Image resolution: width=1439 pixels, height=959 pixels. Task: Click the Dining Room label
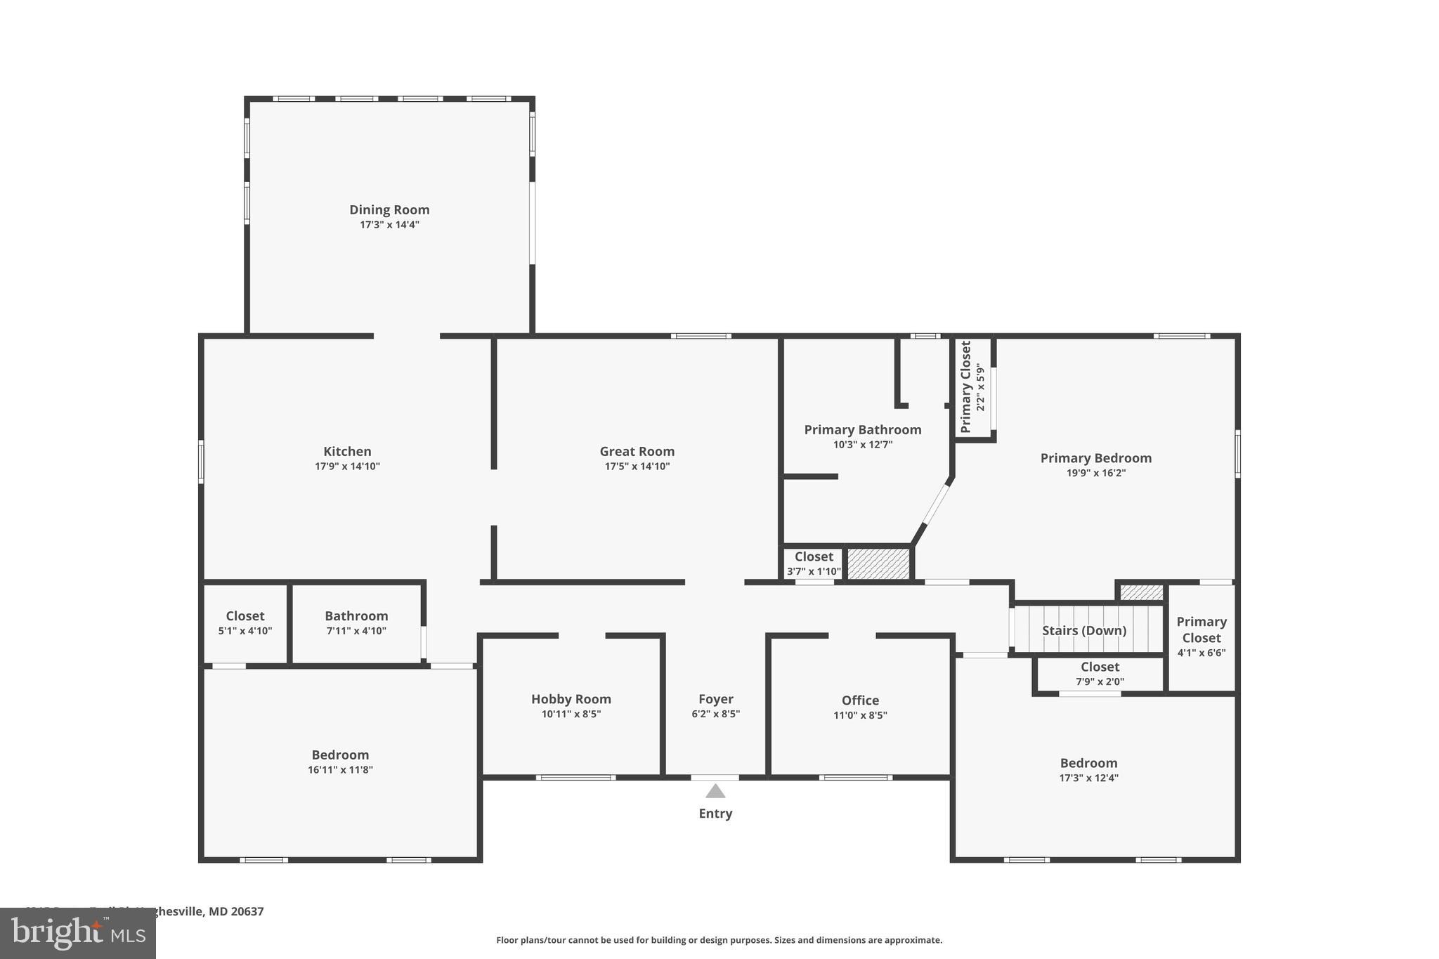point(389,209)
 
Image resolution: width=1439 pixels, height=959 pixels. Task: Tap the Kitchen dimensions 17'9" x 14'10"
point(347,467)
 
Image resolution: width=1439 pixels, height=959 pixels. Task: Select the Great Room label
point(637,451)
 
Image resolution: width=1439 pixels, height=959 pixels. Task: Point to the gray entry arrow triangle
point(715,792)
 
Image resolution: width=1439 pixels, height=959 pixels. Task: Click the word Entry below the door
point(715,814)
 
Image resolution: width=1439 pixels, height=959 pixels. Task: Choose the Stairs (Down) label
point(1083,630)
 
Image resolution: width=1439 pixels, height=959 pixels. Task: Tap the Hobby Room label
point(571,699)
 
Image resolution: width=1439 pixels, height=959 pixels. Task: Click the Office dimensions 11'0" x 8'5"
point(860,715)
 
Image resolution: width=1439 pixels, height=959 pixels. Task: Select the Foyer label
point(715,699)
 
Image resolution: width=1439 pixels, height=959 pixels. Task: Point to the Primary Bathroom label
point(862,429)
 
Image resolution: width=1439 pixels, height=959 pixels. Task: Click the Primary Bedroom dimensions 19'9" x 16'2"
point(1095,473)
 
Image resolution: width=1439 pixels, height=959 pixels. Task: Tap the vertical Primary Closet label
point(966,386)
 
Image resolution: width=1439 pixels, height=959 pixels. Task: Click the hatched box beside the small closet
point(878,563)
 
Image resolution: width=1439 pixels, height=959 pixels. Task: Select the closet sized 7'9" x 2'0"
point(1100,674)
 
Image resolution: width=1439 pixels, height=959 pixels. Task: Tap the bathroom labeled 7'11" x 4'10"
point(356,622)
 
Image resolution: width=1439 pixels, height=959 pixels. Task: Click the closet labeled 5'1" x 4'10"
point(245,622)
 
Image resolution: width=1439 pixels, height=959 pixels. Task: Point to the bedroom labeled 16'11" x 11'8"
point(340,762)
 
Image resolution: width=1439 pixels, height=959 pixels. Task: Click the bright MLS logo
point(77,934)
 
